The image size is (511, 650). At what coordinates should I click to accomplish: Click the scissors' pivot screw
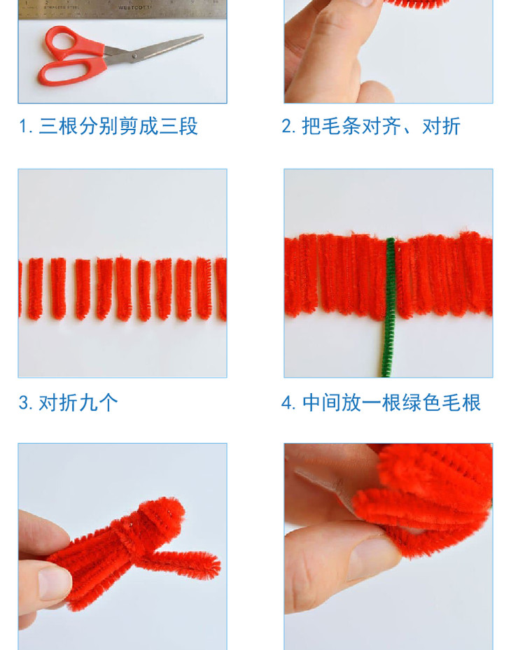134,55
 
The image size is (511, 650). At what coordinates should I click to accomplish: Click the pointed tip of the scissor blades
203,36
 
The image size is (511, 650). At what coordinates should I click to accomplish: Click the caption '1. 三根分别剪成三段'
108,126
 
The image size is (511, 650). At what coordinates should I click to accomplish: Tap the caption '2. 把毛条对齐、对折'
371,126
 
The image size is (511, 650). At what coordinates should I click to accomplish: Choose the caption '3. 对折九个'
69,402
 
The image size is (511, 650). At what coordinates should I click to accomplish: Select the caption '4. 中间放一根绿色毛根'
381,402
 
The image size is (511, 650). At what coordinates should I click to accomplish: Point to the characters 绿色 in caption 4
421,402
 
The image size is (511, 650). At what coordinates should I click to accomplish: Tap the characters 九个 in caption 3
99,402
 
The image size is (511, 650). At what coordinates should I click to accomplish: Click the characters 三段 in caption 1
178,126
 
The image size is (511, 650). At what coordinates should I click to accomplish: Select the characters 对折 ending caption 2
441,126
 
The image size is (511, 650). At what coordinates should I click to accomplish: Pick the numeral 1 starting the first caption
22,127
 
